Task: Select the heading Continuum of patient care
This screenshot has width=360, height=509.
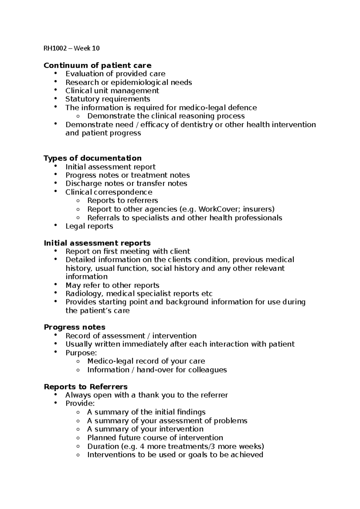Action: [97, 65]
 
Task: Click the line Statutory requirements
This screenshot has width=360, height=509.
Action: [108, 99]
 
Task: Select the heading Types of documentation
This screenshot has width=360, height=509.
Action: [92, 158]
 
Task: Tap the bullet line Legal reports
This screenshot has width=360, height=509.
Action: [89, 226]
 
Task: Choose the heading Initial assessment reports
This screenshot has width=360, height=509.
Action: [97, 243]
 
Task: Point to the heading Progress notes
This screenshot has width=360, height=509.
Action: [74, 327]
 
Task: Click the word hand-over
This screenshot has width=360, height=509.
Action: [155, 370]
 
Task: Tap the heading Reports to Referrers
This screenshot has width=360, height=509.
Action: [85, 387]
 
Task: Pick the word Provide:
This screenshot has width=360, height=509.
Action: [80, 403]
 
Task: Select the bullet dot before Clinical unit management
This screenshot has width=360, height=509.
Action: [55, 90]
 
